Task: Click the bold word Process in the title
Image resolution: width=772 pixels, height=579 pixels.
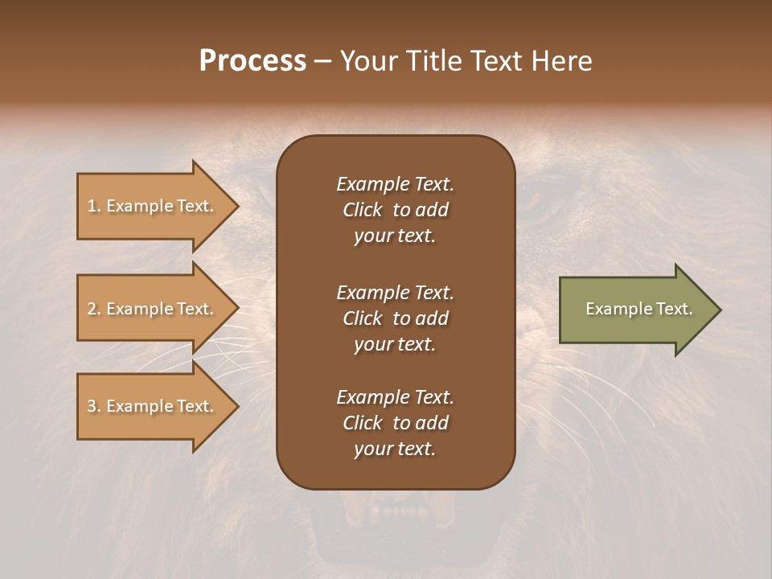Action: pyautogui.click(x=253, y=61)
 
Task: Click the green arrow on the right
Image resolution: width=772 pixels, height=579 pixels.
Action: pyautogui.click(x=635, y=310)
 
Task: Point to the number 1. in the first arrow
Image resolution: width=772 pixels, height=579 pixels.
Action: pyautogui.click(x=94, y=206)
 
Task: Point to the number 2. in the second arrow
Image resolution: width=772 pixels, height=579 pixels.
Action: pyautogui.click(x=94, y=309)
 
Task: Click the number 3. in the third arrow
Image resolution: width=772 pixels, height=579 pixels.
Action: pyautogui.click(x=94, y=406)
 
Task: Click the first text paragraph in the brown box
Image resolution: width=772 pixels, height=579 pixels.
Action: pyautogui.click(x=395, y=210)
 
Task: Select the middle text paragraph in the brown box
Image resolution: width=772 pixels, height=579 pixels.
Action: pyautogui.click(x=395, y=318)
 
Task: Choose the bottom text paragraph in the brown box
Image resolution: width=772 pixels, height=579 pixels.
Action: pyautogui.click(x=395, y=423)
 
